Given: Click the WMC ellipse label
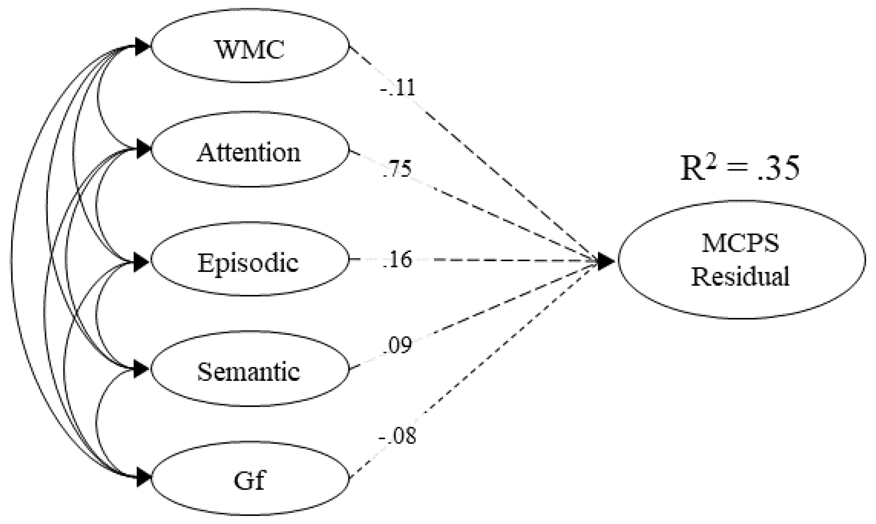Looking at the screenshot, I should coord(250,50).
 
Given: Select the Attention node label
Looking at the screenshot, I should coord(249,152).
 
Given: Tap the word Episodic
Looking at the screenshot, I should coord(248,263).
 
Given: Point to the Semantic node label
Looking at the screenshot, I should coord(249,372).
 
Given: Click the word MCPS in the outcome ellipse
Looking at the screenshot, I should coord(740,244).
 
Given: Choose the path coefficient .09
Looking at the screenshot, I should coord(397,345).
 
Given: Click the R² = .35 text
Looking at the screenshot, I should coord(740,169).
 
